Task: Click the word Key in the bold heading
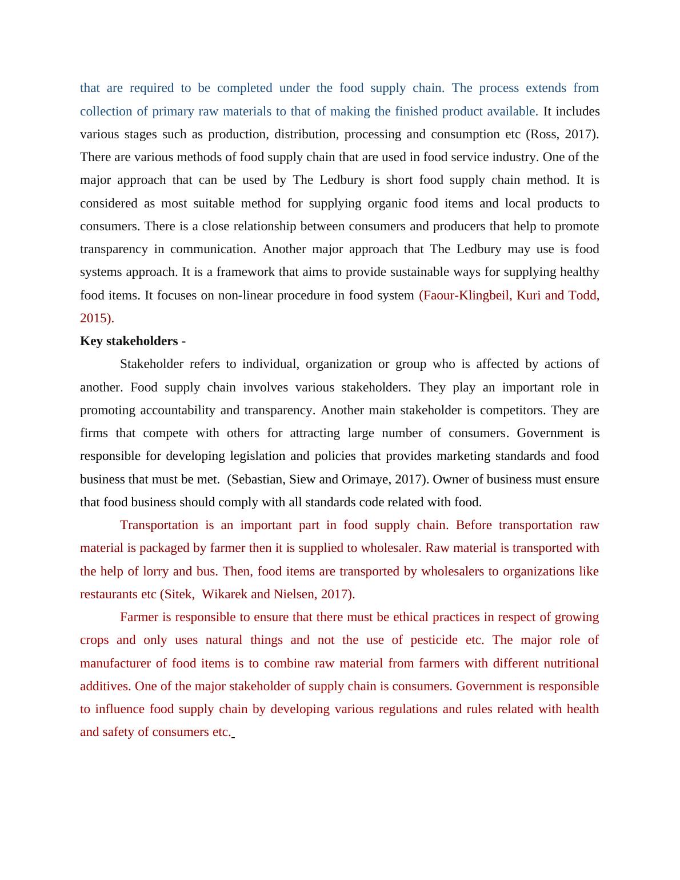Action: (x=91, y=341)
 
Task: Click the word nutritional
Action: (x=567, y=663)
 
